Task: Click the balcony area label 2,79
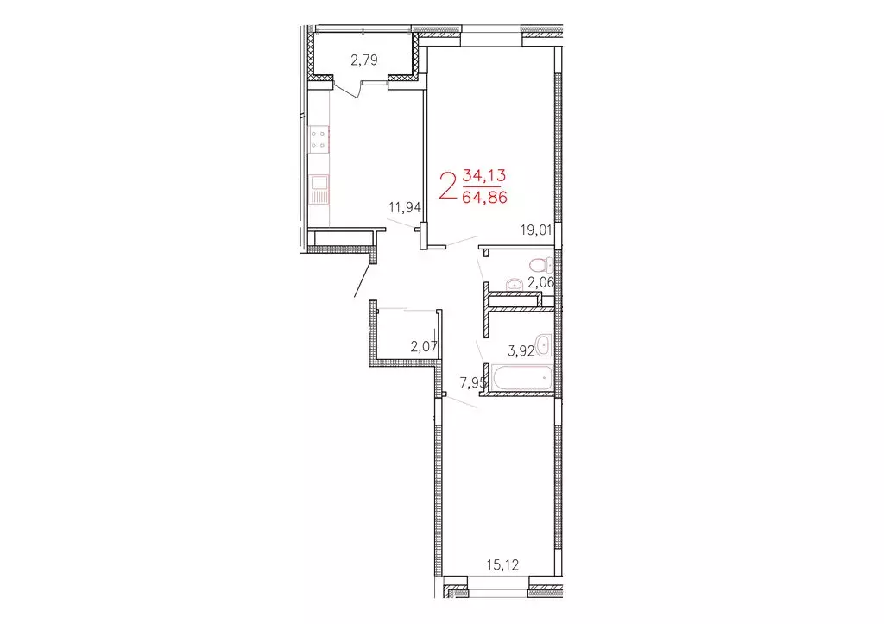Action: [x=364, y=60]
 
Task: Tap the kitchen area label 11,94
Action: [x=404, y=208]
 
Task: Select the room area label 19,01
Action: [x=535, y=230]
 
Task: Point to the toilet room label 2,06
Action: [x=540, y=282]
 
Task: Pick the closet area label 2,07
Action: [x=424, y=347]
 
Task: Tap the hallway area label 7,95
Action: [x=473, y=381]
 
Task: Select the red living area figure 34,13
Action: [x=484, y=176]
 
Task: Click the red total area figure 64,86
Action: [x=484, y=197]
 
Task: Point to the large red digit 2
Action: [x=448, y=186]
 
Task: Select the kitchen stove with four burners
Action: [x=319, y=139]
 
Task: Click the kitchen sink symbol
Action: [x=319, y=188]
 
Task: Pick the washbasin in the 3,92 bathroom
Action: [x=543, y=344]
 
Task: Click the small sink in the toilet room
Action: [x=515, y=283]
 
